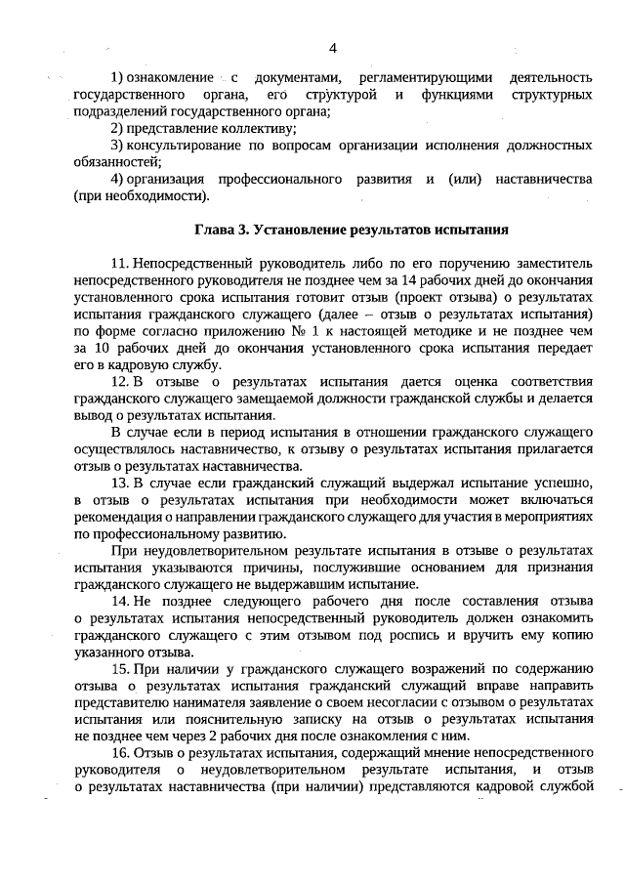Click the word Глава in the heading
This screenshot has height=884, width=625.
[x=214, y=232]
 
